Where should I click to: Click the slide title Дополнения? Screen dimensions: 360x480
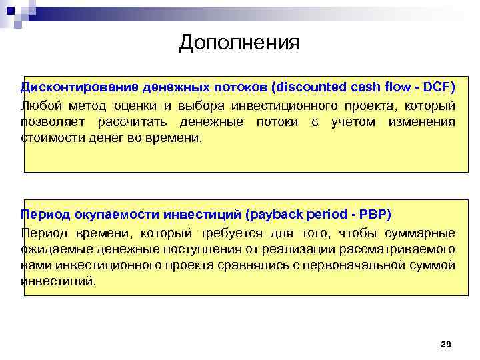click(x=239, y=43)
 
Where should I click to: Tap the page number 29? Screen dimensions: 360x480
click(x=446, y=344)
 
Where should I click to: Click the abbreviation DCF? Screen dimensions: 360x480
click(x=439, y=87)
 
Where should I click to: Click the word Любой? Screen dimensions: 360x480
click(x=38, y=106)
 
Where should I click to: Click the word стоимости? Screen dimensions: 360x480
click(x=47, y=138)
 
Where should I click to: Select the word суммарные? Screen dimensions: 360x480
click(x=423, y=233)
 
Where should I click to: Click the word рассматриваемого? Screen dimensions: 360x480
click(x=403, y=249)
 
